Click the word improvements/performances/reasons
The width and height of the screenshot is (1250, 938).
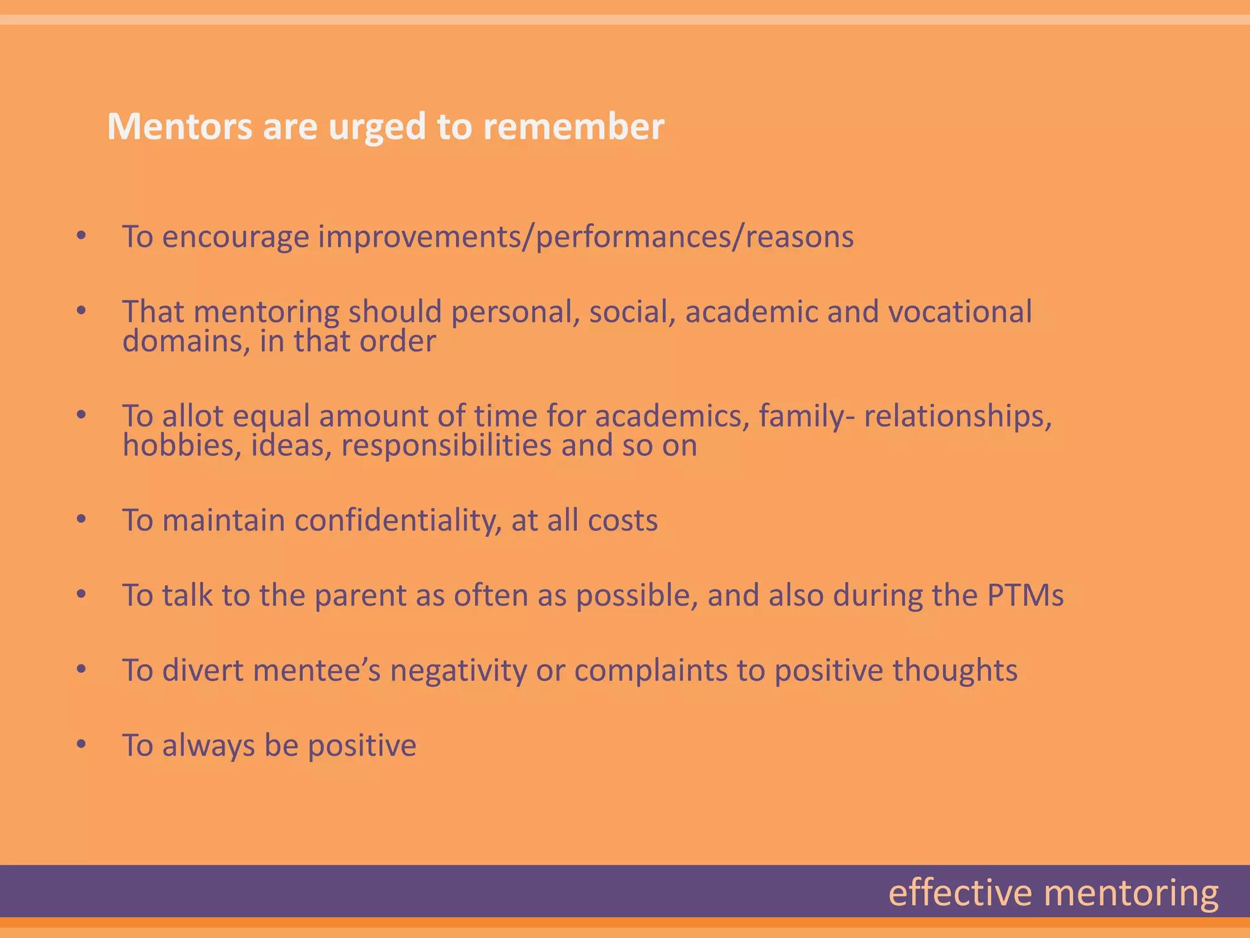586,237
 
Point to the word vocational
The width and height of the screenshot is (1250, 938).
959,312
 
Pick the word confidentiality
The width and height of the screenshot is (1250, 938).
398,521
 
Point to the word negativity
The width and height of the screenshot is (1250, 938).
458,671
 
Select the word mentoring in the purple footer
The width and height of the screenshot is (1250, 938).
1131,894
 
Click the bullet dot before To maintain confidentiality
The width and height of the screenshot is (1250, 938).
82,520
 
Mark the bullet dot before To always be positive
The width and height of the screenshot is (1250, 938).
82,745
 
